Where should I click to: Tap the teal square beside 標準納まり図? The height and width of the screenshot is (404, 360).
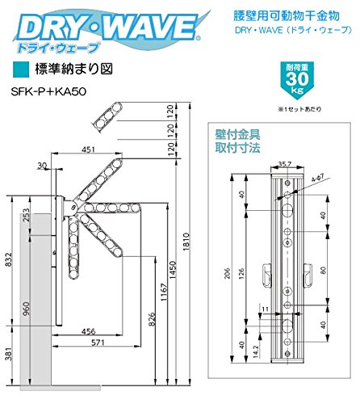pos(21,69)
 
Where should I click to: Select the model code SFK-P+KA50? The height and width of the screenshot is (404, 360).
pos(48,91)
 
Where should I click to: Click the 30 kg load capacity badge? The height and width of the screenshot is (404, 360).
pos(297,78)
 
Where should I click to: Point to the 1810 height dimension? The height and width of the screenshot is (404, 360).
pos(186,242)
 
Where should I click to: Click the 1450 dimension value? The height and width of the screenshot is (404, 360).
pos(172,270)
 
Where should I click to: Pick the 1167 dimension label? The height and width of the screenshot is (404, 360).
pos(163,292)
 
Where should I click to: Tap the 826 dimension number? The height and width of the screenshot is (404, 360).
pos(152,319)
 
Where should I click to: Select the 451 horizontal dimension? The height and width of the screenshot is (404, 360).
pos(88,149)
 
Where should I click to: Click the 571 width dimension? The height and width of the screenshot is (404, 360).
pos(98,343)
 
